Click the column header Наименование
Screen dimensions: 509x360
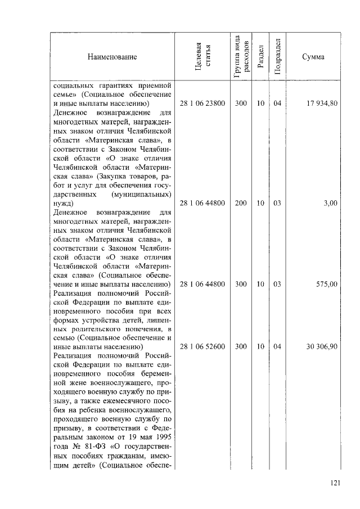[112, 57]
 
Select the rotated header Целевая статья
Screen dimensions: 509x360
[202, 57]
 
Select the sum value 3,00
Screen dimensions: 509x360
[330, 203]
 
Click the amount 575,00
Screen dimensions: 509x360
[326, 285]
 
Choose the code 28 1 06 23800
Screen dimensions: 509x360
[202, 103]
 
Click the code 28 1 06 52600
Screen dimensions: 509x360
[202, 346]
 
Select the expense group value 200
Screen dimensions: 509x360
[241, 203]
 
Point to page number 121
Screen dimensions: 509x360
[335, 483]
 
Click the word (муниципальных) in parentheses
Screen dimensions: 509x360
[142, 193]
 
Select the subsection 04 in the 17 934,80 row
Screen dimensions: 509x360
[277, 103]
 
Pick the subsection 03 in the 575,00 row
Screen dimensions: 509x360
[277, 285]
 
